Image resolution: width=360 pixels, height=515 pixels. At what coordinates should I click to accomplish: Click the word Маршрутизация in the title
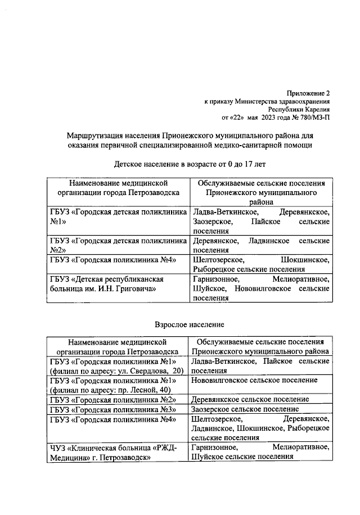point(93,135)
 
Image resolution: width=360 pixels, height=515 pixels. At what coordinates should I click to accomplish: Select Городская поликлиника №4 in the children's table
point(114,260)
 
